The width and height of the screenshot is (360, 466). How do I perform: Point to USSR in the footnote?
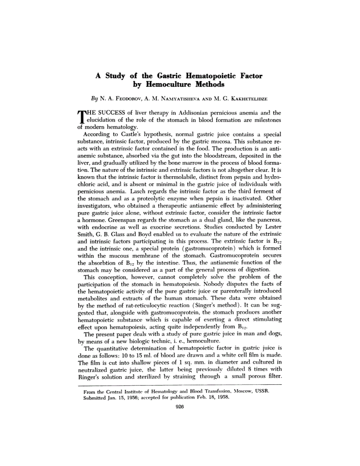[262, 391]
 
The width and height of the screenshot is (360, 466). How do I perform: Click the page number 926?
[180, 407]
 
